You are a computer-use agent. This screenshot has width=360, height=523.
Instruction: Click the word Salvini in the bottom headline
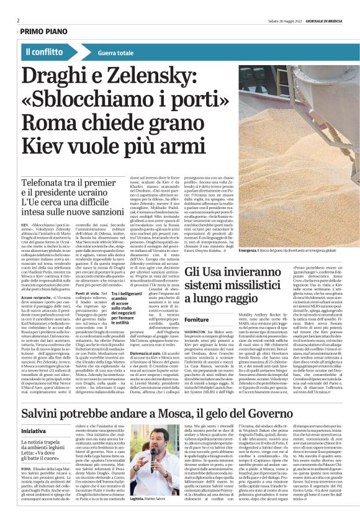click(x=47, y=398)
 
